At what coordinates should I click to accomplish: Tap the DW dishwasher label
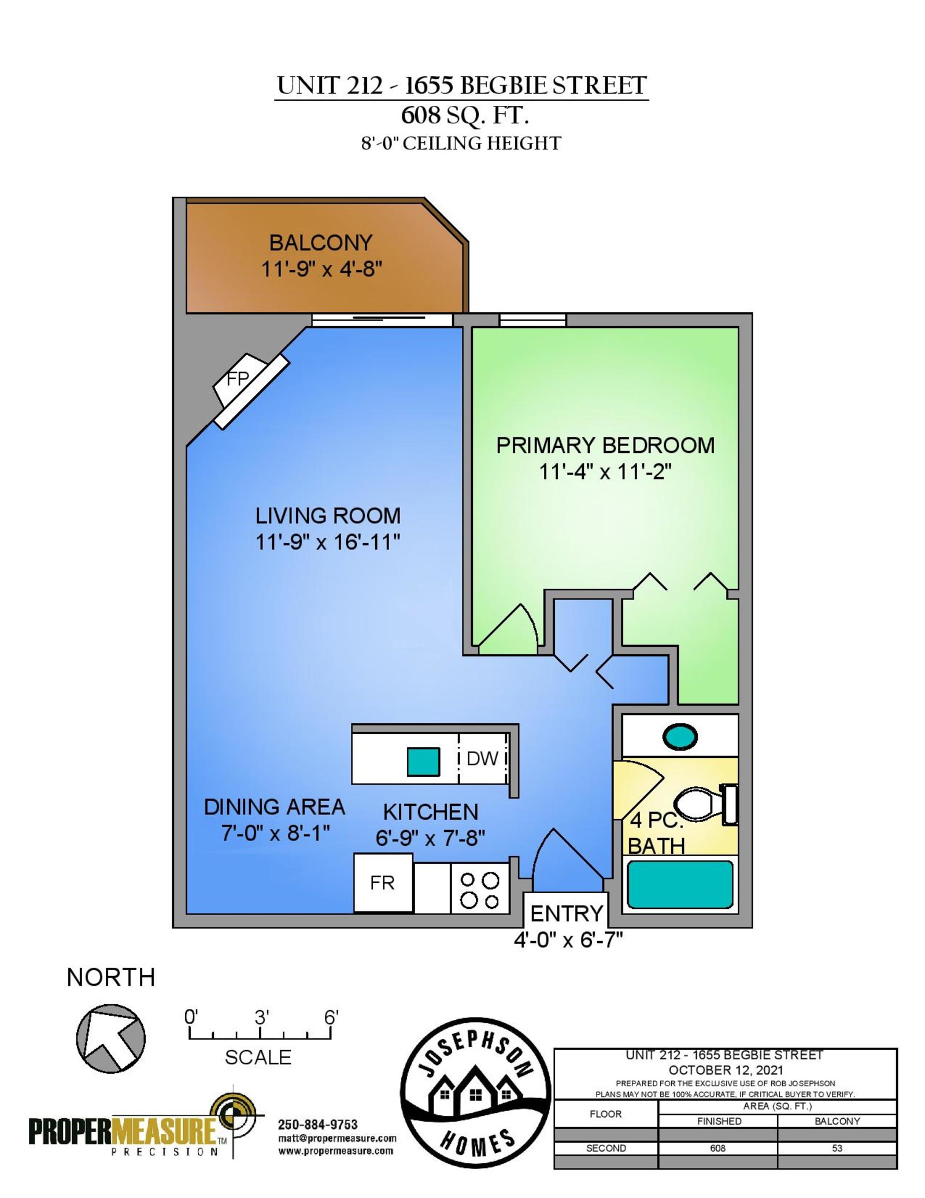click(x=482, y=758)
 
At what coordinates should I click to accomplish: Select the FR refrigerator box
click(x=383, y=883)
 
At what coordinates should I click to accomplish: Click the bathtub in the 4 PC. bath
click(x=680, y=884)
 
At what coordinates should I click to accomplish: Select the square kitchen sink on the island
click(x=423, y=761)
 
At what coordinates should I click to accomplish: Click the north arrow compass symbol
click(x=110, y=1038)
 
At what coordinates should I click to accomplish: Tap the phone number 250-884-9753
click(x=317, y=1125)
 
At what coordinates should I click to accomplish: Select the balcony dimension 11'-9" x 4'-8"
click(x=321, y=269)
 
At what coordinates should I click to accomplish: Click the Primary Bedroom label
click(x=605, y=445)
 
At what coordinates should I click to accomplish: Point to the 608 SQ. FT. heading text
click(x=465, y=116)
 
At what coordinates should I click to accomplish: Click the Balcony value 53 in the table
click(x=837, y=1148)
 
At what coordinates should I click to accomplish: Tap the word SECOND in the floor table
click(x=605, y=1148)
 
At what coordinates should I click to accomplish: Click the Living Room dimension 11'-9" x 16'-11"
click(x=328, y=542)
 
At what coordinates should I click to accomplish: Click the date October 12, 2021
click(x=726, y=1070)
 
